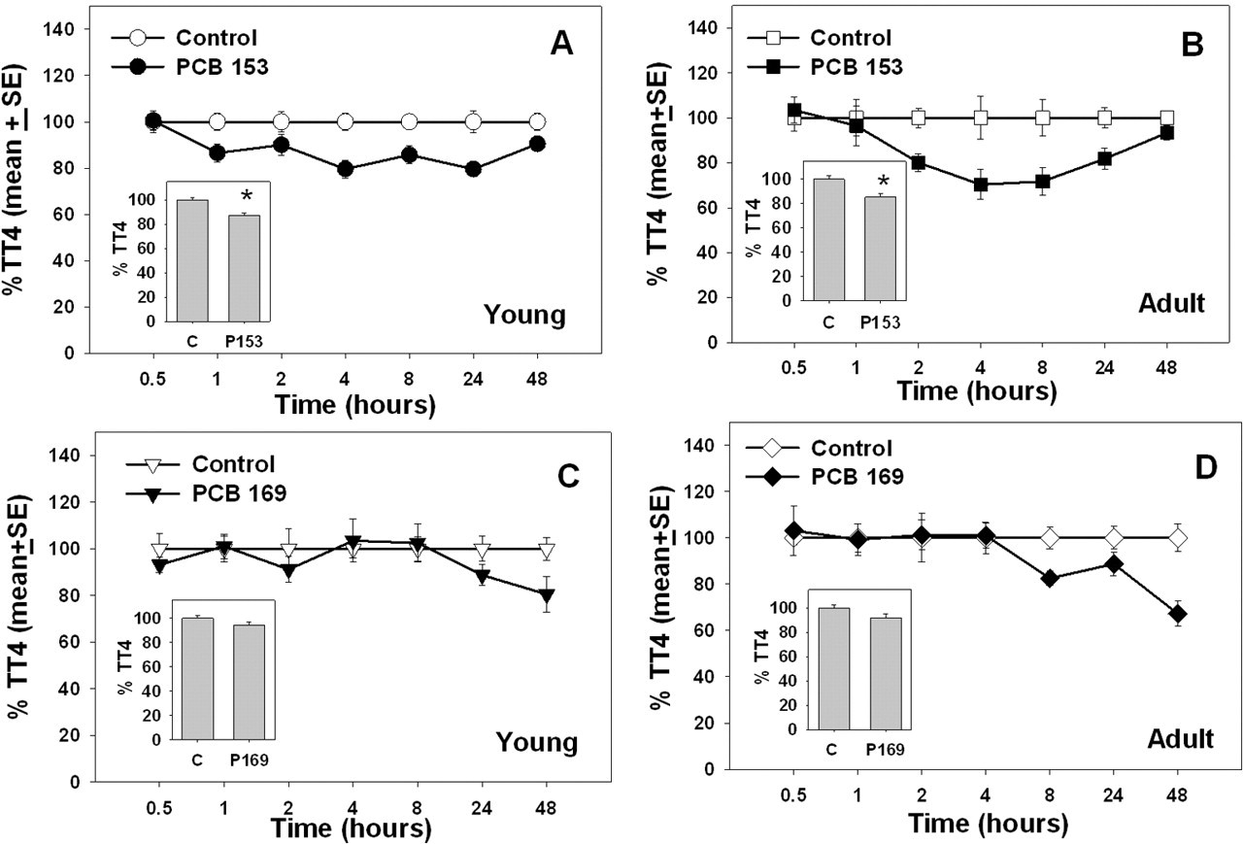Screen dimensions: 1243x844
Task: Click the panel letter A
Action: (x=561, y=45)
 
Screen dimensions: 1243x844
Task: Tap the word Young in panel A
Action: (x=524, y=315)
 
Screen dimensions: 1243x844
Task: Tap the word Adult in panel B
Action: (x=1171, y=303)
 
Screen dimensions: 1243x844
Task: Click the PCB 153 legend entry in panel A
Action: (x=189, y=67)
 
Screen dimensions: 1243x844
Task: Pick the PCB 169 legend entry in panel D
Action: (x=824, y=476)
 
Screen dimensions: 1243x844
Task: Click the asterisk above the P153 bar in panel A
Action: (x=247, y=196)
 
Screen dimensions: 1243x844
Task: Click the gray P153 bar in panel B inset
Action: (x=880, y=249)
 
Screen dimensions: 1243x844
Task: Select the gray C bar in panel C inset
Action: (x=197, y=679)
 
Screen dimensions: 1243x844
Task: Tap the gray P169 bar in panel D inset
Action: (x=886, y=674)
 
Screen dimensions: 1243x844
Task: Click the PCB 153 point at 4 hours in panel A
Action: (x=345, y=169)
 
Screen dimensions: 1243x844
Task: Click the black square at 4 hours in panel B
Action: (x=981, y=185)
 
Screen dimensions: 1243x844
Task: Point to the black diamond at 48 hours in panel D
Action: (x=1177, y=614)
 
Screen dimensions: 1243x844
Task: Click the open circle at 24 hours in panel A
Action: (x=473, y=121)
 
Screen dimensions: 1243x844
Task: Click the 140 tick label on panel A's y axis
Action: (x=59, y=29)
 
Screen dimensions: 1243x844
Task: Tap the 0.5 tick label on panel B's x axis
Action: (x=794, y=367)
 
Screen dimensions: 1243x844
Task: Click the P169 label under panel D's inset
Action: (x=886, y=750)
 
